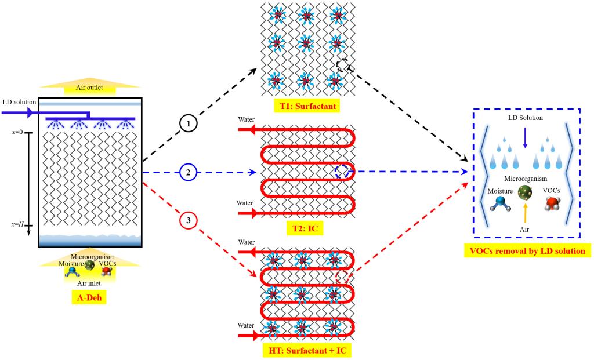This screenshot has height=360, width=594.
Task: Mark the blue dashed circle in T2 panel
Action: (x=342, y=171)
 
